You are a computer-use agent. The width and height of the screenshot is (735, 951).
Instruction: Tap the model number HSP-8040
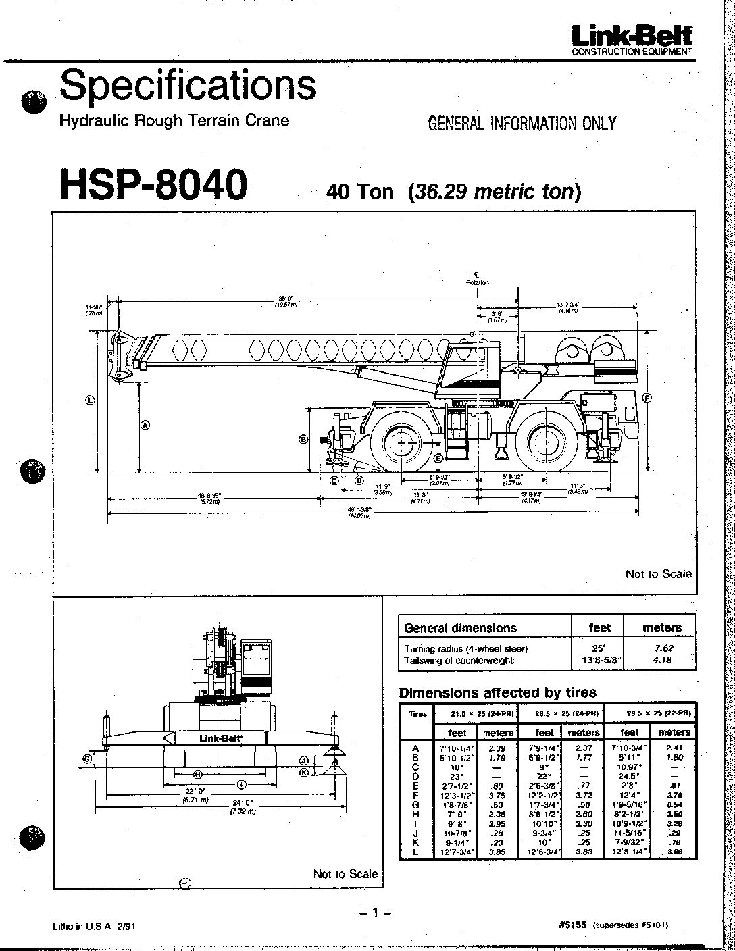(x=153, y=184)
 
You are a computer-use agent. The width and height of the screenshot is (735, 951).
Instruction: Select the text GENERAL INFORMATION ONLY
(x=522, y=123)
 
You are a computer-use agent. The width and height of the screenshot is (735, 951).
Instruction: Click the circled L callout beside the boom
(x=91, y=399)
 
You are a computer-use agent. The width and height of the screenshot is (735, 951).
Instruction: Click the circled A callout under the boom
(x=145, y=426)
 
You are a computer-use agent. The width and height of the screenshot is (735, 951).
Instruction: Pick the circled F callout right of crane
(x=647, y=398)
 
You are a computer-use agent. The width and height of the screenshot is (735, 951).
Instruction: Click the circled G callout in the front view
(x=87, y=759)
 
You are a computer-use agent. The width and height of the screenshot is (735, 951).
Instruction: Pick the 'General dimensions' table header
(x=460, y=627)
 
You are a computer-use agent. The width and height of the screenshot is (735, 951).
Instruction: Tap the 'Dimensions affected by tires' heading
(x=498, y=692)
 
